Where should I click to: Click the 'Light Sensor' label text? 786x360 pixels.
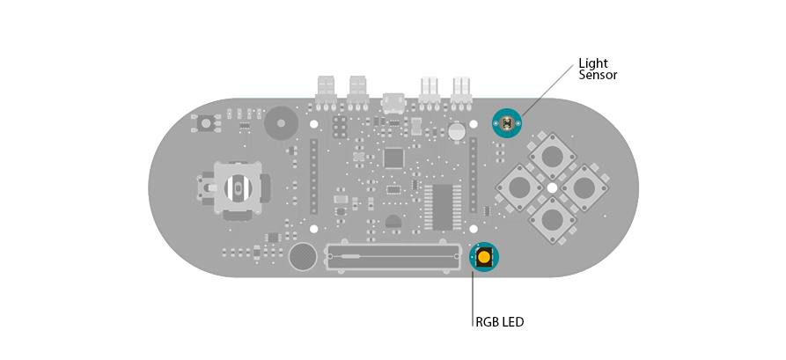coord(598,70)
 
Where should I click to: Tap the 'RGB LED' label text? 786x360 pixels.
coord(500,322)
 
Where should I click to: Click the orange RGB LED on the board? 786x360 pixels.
coord(484,257)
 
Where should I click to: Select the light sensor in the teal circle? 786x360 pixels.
coord(507,123)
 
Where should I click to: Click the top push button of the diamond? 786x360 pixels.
coord(552,156)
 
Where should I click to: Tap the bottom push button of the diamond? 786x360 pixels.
coord(552,218)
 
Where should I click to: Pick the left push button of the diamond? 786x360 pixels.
coord(520,187)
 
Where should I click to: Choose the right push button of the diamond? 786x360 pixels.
coord(584,187)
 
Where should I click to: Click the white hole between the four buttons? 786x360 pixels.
coord(552,187)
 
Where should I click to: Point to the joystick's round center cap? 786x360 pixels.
coord(239,188)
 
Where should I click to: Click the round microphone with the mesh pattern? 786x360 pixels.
coord(303,257)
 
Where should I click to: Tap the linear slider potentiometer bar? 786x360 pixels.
coord(393,257)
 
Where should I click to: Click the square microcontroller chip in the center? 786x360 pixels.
coord(393,158)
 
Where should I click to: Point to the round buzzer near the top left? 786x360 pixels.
coord(281,123)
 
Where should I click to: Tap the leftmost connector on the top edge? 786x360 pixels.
coord(326,92)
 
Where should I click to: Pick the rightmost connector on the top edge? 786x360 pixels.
coord(460,92)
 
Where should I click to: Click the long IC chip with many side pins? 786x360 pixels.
coord(443,207)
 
